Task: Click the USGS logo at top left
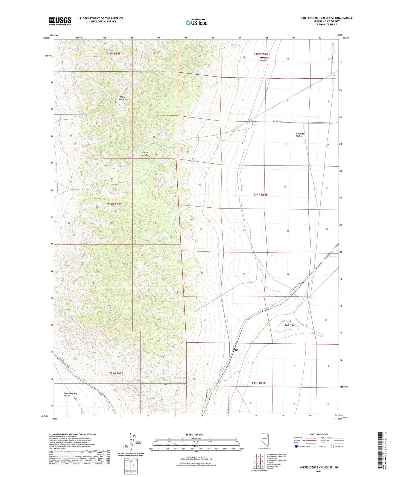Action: pyautogui.click(x=60, y=21)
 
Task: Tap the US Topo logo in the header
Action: pyautogui.click(x=196, y=22)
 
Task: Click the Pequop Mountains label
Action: pyautogui.click(x=124, y=98)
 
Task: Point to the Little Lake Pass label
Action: pyautogui.click(x=145, y=154)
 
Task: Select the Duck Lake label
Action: pyautogui.click(x=289, y=325)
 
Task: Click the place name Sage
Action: pyautogui.click(x=235, y=350)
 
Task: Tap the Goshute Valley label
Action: pyautogui.click(x=300, y=135)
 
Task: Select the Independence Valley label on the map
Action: pyautogui.click(x=70, y=395)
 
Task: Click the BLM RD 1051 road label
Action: pyautogui.click(x=277, y=121)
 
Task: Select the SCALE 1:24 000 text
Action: pyautogui.click(x=194, y=435)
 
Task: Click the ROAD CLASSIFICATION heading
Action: pyautogui.click(x=318, y=434)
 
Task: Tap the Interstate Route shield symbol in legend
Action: pyautogui.click(x=296, y=446)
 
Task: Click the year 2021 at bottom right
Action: pyautogui.click(x=318, y=472)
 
